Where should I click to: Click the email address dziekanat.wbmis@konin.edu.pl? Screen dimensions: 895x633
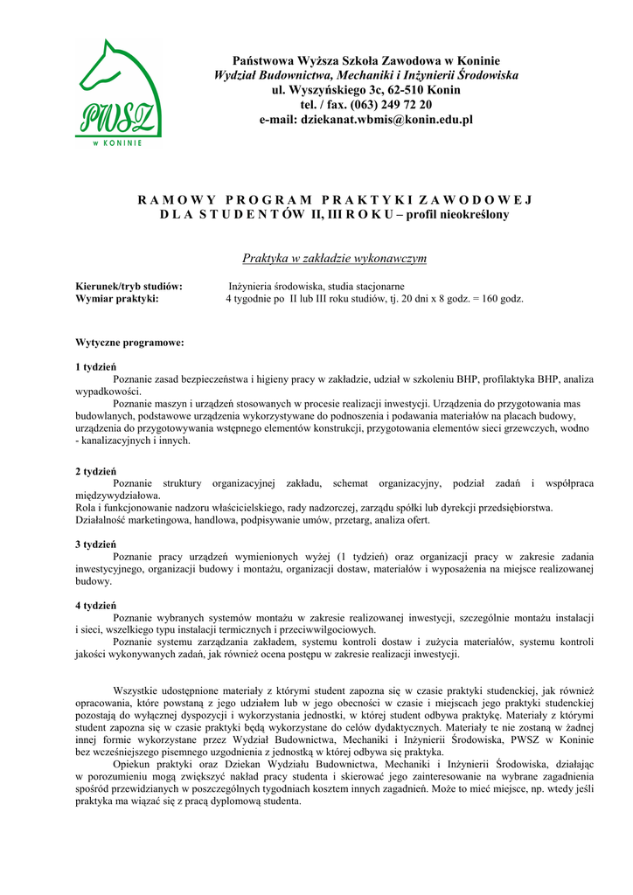386,120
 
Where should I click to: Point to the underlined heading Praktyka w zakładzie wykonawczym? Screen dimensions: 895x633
335,259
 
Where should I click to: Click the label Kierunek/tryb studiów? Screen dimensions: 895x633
129,287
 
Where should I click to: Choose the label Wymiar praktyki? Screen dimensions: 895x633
117,299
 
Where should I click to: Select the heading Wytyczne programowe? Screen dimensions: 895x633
129,343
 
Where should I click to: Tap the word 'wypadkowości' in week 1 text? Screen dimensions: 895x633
108,392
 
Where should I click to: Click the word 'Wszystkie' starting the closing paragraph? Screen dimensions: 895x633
137,690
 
